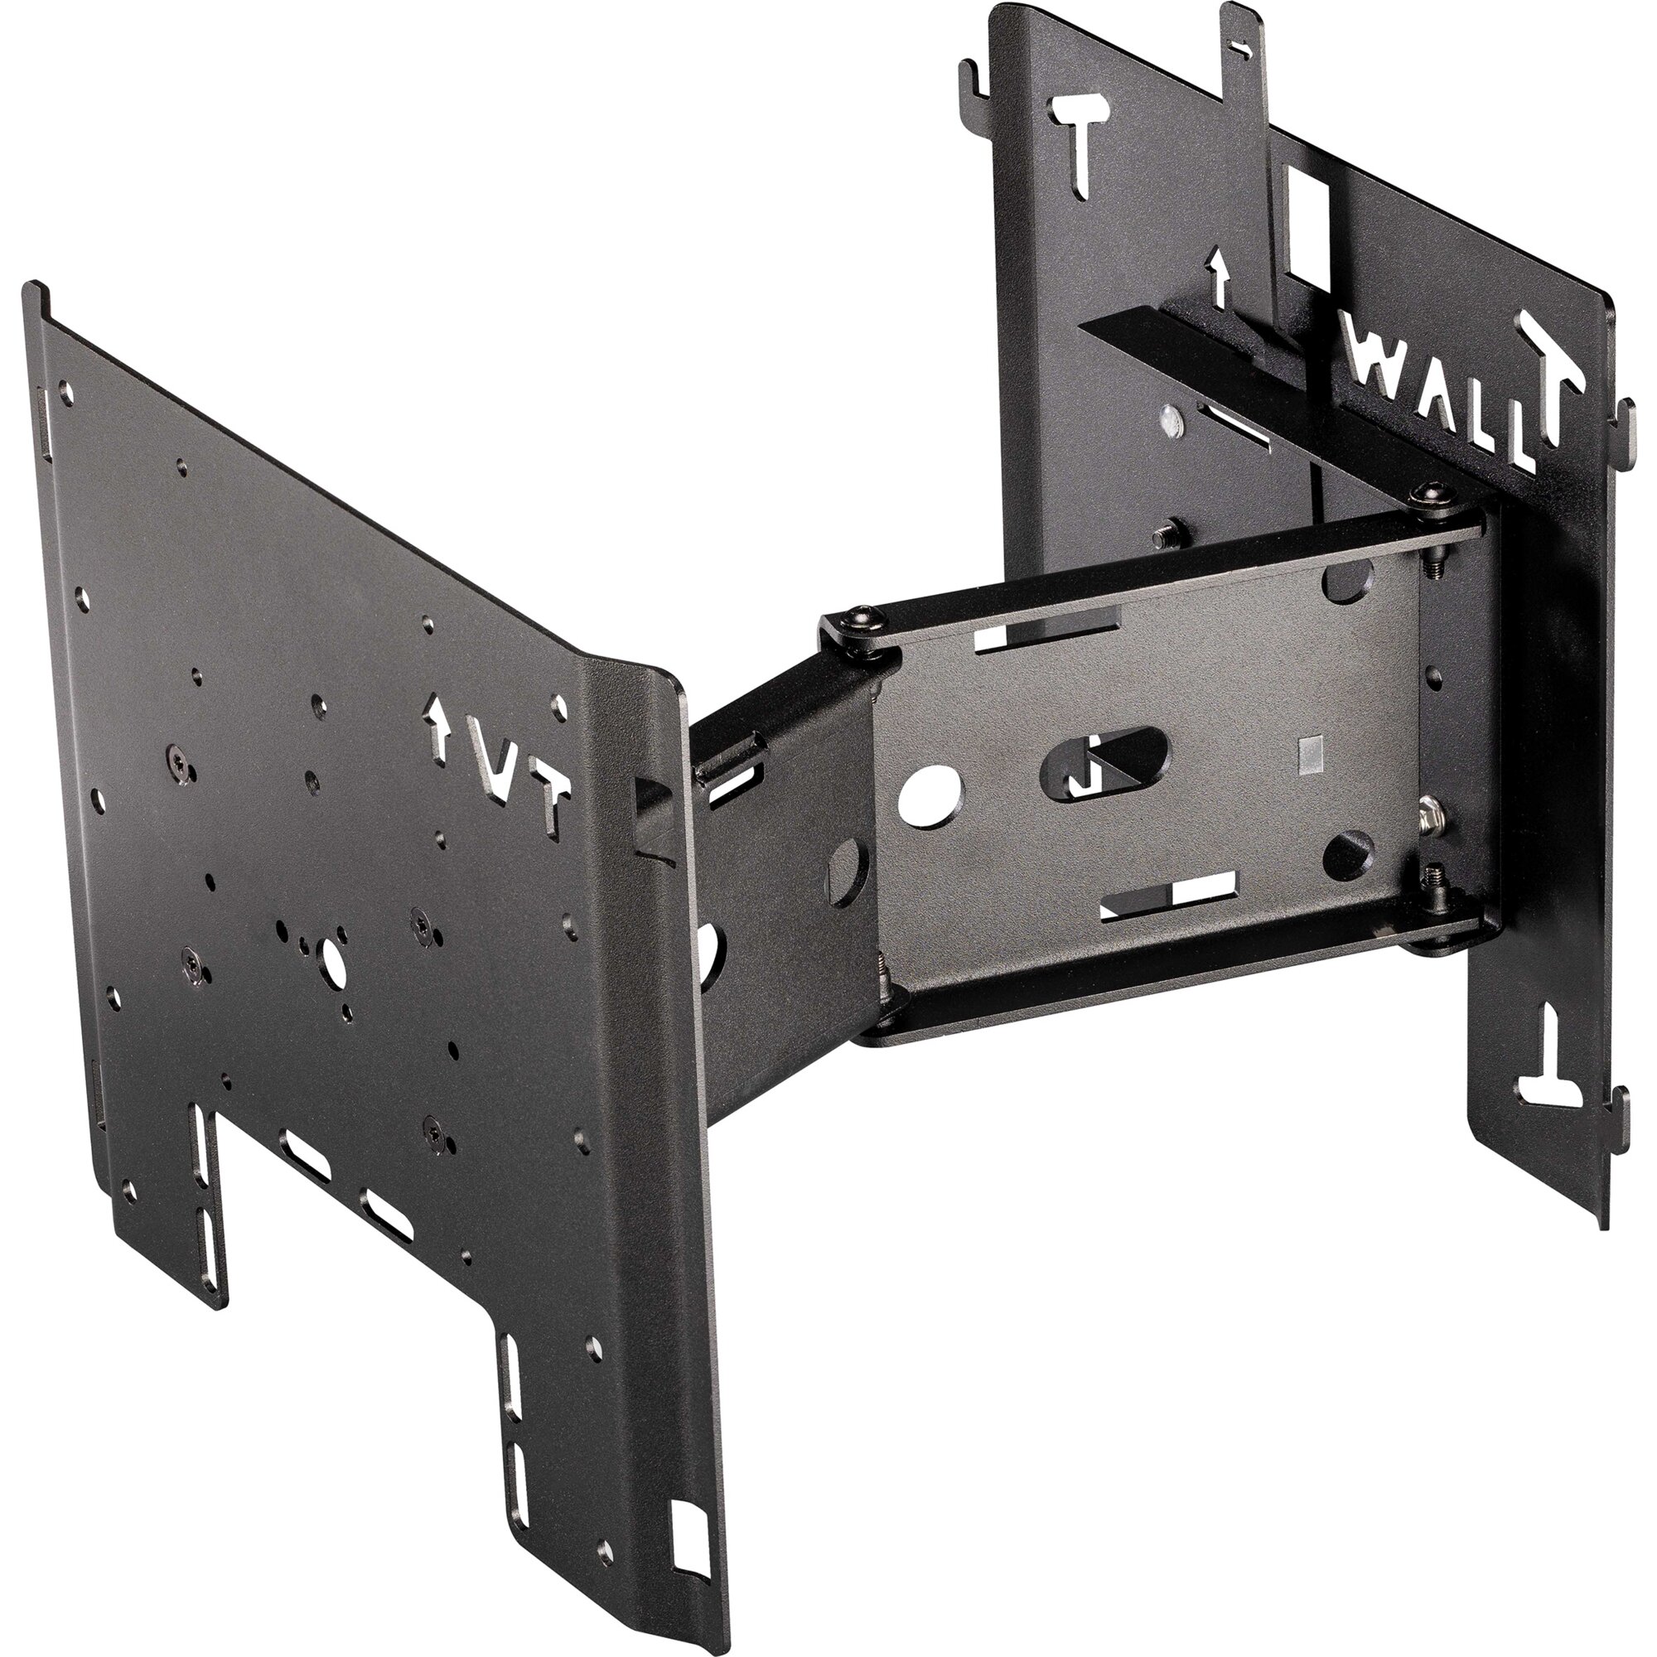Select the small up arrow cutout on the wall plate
coord(1216,275)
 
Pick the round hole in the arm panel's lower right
coord(1348,858)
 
